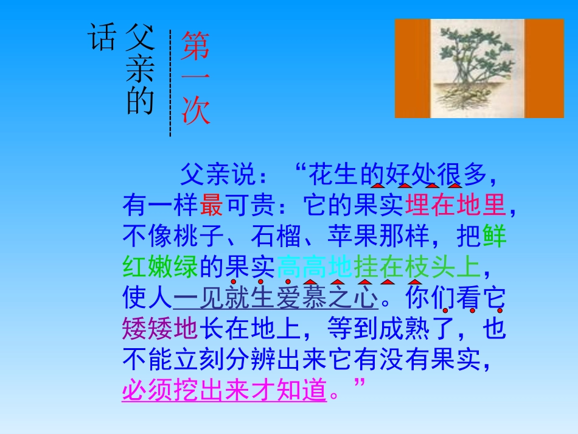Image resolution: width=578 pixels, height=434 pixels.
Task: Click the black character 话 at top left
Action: click(102, 36)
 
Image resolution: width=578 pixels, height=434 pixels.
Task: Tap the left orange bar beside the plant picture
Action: click(413, 68)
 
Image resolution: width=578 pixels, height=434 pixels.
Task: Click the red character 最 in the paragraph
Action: click(212, 206)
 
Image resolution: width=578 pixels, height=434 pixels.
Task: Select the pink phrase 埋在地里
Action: click(455, 206)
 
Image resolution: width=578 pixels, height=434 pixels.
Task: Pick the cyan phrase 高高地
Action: click(315, 267)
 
